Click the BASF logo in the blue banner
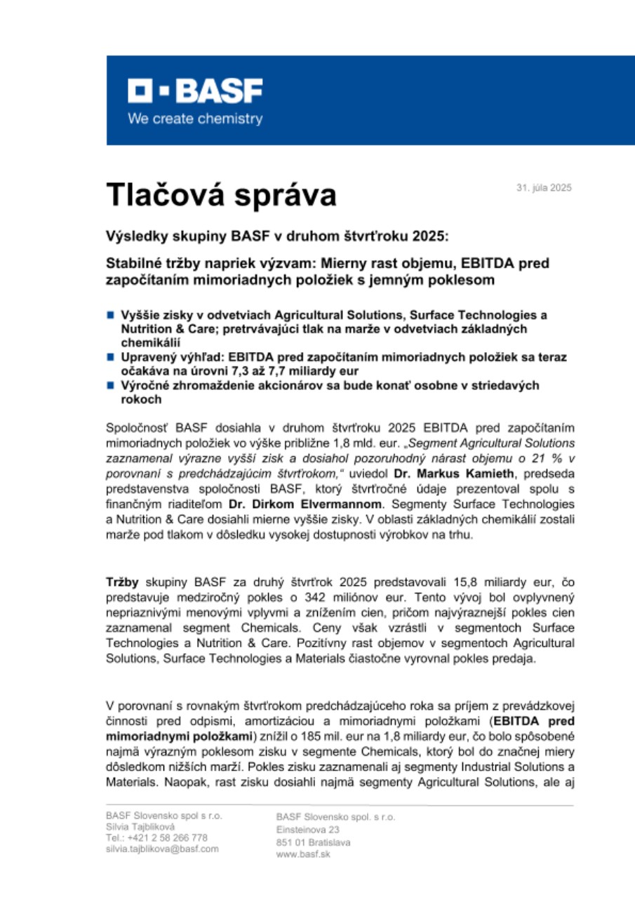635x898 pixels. coord(194,91)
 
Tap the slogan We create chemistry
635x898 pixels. coord(194,119)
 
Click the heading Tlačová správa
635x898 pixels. coord(221,194)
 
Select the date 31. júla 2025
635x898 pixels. coord(544,187)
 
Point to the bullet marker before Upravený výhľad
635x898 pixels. coord(110,357)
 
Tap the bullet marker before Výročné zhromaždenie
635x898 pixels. coord(110,386)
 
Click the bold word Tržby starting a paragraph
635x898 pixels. coord(122,583)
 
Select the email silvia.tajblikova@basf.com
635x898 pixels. coord(162,848)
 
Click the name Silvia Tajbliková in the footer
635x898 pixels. coord(140,827)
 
